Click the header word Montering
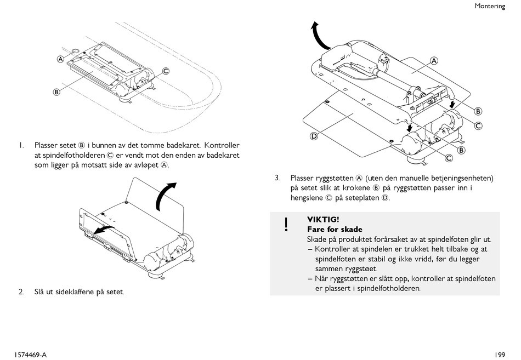pos(490,6)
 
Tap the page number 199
pos(499,355)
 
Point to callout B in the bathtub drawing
pos(56,92)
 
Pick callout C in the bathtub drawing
pos(165,71)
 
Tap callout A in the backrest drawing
pos(434,61)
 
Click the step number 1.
pos(20,146)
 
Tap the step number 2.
pos(21,292)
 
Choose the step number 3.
pos(278,178)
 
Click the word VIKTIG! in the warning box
pos(323,220)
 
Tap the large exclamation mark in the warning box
pos(286,224)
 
